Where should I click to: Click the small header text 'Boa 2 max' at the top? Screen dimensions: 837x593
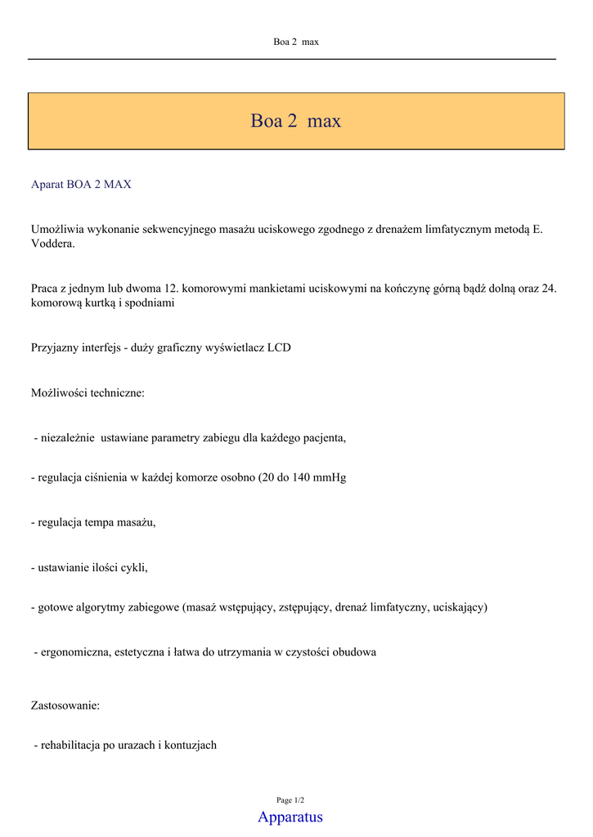(x=295, y=42)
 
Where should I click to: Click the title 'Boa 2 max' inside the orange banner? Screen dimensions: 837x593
(x=295, y=122)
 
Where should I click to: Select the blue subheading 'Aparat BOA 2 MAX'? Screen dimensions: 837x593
(x=81, y=185)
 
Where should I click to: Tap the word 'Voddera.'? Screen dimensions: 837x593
(x=53, y=244)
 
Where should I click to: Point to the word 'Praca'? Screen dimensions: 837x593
(x=45, y=289)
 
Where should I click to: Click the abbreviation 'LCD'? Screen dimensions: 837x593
(x=279, y=348)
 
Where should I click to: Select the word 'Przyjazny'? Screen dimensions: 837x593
(x=55, y=348)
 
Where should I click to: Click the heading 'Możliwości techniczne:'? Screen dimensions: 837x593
(x=88, y=393)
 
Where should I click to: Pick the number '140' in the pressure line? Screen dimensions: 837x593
(x=301, y=477)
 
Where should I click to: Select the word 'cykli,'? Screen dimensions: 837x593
(x=134, y=567)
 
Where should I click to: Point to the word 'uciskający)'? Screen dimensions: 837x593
(x=460, y=607)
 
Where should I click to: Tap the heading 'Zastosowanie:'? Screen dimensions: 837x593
(x=65, y=705)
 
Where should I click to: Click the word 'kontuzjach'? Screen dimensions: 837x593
(x=191, y=745)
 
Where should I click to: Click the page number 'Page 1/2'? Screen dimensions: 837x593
(x=290, y=800)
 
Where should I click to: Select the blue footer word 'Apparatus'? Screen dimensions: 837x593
(x=290, y=817)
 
